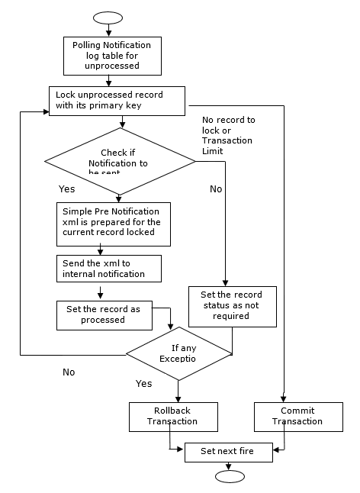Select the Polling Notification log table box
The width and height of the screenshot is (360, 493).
[x=112, y=56]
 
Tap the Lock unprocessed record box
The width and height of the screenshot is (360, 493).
[x=117, y=100]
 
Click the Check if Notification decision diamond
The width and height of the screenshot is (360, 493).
[x=120, y=161]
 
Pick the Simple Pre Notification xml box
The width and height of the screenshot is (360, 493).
[x=113, y=221]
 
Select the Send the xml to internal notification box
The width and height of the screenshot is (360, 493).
[x=110, y=267]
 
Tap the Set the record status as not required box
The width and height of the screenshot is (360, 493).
[x=232, y=305]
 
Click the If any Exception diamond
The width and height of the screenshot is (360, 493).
[x=178, y=353]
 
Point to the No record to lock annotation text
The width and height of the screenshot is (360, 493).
[x=229, y=135]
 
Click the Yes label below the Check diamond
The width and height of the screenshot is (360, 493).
[x=67, y=188]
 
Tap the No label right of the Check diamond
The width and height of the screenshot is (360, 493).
[x=216, y=188]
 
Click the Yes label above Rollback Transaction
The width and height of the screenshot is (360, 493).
[x=144, y=383]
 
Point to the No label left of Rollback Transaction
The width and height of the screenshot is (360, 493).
[x=69, y=372]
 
